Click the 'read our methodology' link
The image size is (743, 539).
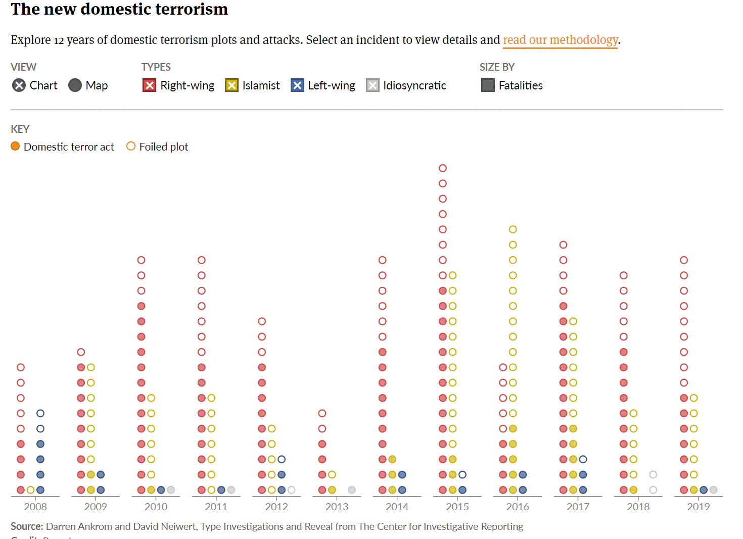(560, 40)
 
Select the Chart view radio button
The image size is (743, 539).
(19, 85)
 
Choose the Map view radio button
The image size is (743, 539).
(75, 85)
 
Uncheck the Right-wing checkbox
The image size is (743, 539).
(149, 85)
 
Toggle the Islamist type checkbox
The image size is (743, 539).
(231, 85)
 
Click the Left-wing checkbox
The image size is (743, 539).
(297, 85)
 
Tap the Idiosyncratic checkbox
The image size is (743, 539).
(373, 85)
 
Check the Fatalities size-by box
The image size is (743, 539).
(488, 85)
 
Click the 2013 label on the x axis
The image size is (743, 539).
(337, 507)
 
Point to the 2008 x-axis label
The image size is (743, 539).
(35, 507)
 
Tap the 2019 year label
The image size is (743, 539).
(699, 507)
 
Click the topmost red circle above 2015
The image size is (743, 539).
(443, 168)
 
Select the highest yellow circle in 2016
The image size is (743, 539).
(513, 229)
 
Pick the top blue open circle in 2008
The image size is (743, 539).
(40, 413)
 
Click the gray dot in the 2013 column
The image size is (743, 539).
(352, 490)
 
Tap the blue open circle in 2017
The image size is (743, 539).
(583, 459)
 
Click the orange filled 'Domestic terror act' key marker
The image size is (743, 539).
(15, 146)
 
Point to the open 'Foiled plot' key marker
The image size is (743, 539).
(131, 146)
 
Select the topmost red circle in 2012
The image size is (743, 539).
(262, 321)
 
